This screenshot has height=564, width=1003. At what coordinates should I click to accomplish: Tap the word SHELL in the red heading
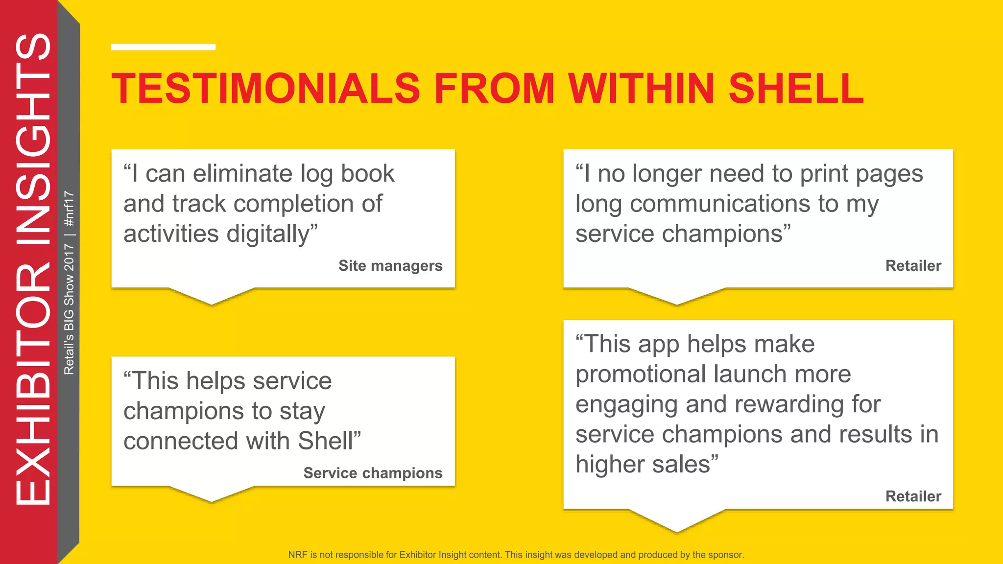click(796, 89)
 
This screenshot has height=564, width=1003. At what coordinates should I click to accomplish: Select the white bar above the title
click(163, 47)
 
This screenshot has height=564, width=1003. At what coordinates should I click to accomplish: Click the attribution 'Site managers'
click(390, 265)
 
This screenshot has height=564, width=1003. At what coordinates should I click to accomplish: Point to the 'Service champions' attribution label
click(373, 473)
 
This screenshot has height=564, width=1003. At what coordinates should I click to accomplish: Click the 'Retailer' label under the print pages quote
click(913, 265)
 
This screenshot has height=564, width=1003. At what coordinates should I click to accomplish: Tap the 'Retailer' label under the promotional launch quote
click(913, 496)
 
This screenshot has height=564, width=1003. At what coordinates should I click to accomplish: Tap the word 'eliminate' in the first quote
click(242, 174)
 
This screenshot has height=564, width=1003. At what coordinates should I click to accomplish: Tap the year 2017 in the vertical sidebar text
click(69, 257)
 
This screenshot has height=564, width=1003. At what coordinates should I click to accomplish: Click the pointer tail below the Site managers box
click(212, 297)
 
